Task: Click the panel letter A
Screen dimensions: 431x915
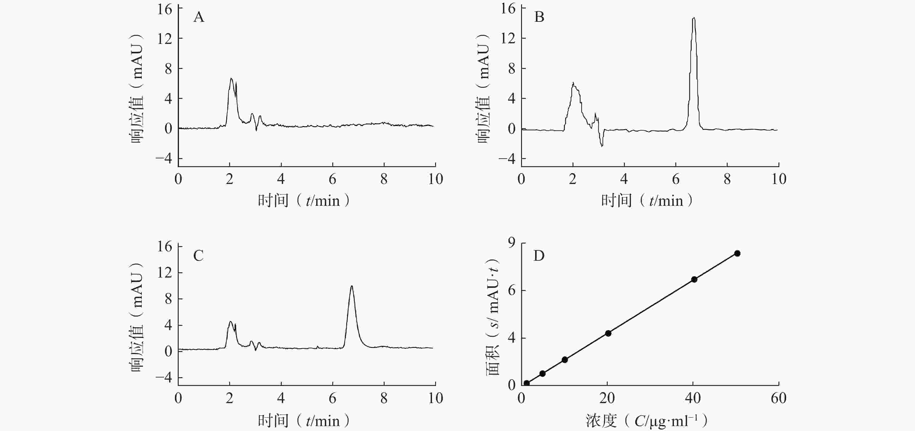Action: (199, 17)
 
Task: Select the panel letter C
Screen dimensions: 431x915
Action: (198, 255)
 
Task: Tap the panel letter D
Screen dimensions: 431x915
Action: (539, 255)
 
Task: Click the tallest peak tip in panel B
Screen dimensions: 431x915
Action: (694, 18)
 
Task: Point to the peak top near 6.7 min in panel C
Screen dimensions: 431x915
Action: (352, 286)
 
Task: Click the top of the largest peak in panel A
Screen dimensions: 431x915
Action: (231, 78)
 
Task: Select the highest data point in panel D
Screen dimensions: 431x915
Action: (737, 253)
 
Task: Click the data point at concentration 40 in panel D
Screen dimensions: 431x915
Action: (694, 279)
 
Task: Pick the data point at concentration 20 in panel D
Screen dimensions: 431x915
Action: (608, 333)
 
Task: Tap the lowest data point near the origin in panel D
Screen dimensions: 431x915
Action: (526, 383)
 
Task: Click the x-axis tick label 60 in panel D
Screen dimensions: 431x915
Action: (778, 398)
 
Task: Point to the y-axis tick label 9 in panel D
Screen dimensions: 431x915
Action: (512, 243)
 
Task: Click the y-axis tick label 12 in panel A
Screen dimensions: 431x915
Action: (164, 38)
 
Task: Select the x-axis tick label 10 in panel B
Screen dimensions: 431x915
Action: (778, 179)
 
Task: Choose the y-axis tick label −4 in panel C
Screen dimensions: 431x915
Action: (164, 377)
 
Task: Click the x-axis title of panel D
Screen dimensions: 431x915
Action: (647, 421)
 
